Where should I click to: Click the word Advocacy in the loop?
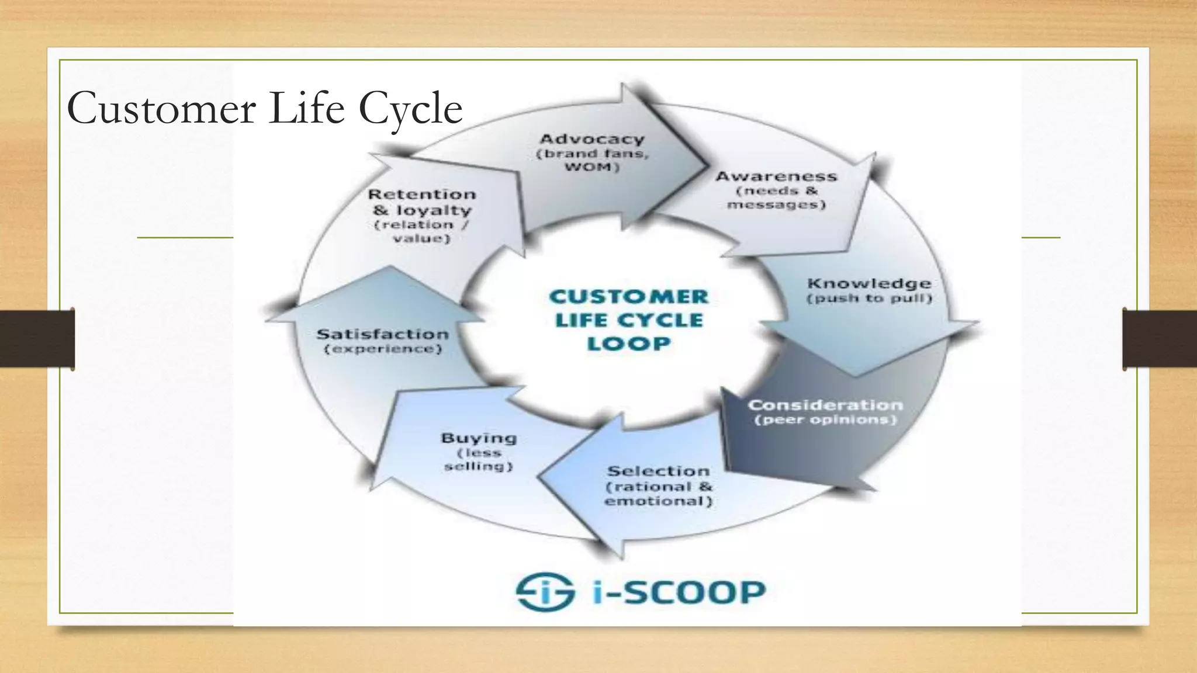click(591, 139)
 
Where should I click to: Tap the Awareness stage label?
click(776, 176)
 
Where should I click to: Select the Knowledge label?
click(869, 283)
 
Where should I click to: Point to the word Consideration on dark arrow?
click(825, 405)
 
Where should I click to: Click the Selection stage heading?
click(658, 471)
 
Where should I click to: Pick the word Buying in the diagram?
click(479, 438)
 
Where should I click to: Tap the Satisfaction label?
click(383, 334)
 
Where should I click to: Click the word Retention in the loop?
click(422, 194)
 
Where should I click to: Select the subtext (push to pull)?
click(869, 299)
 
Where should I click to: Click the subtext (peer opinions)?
click(825, 420)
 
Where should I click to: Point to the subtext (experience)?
click(383, 349)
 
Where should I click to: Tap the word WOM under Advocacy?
click(591, 168)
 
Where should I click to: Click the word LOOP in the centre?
click(628, 344)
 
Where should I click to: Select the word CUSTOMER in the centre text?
click(628, 297)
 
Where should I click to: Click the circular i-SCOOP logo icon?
click(545, 591)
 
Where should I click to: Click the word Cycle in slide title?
click(410, 109)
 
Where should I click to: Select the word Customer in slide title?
click(162, 109)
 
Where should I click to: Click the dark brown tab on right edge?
click(1160, 339)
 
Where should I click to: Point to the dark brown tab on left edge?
click(37, 339)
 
